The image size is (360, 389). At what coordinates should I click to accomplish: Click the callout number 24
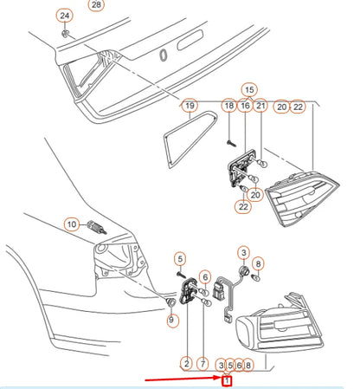tap(65, 16)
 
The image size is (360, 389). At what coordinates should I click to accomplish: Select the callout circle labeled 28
tap(96, 4)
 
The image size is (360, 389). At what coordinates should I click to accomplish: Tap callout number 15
tap(249, 90)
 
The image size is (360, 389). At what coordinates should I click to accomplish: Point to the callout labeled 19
tap(190, 106)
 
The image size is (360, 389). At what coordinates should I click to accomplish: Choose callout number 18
tap(229, 106)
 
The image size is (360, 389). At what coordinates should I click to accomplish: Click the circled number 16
tap(245, 106)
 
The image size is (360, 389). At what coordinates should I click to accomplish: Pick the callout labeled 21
tap(260, 106)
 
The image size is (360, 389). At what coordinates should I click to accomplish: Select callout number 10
tap(72, 224)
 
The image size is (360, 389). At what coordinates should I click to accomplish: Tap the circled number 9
tap(171, 320)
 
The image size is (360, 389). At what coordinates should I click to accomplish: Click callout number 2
tap(187, 364)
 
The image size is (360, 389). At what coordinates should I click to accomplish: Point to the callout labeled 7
tap(202, 364)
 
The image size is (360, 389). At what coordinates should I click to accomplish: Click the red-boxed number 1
tap(227, 381)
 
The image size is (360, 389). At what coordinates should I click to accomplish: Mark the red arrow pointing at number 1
tap(183, 379)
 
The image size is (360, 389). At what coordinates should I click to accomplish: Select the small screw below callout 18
tap(231, 143)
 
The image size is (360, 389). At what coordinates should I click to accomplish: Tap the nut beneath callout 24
tap(66, 33)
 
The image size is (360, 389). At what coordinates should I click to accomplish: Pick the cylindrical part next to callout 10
tap(97, 227)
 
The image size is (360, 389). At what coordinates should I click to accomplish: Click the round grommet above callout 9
tap(171, 302)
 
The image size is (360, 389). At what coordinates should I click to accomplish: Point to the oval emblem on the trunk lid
tap(164, 55)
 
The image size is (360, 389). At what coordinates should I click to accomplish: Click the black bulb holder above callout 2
tap(188, 291)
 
